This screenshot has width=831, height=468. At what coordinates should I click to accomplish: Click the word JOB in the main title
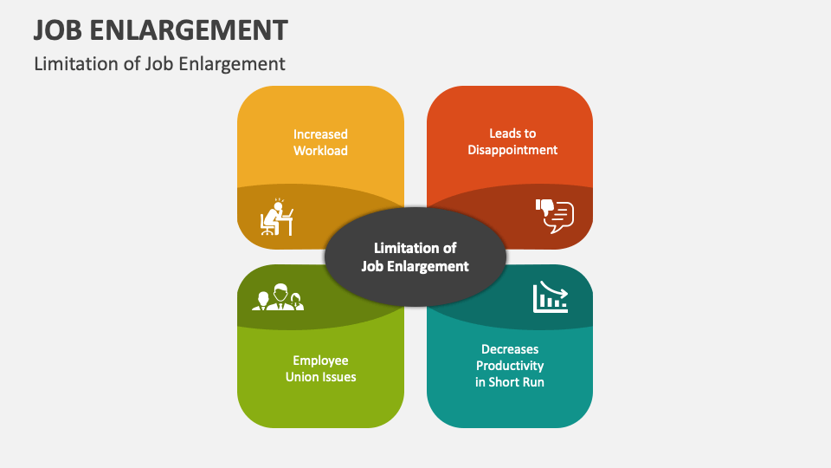click(x=61, y=29)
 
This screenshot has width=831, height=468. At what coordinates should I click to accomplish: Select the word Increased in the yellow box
click(x=320, y=133)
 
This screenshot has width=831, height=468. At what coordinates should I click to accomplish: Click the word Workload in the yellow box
click(x=320, y=150)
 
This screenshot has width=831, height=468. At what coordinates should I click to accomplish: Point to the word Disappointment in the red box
click(x=512, y=149)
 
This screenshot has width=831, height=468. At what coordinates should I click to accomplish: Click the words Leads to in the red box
click(x=512, y=133)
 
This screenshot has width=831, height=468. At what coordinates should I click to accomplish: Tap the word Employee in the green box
click(x=320, y=360)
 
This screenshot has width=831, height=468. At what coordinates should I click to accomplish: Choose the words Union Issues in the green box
click(x=320, y=376)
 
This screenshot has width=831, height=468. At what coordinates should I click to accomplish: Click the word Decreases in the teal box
click(x=510, y=349)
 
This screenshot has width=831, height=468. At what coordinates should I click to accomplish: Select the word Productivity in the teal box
click(x=510, y=365)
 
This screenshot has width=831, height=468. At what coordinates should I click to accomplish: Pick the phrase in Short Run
click(x=510, y=381)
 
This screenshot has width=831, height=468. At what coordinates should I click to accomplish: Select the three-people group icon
click(x=278, y=297)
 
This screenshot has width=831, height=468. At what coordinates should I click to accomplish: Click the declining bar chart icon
click(x=550, y=296)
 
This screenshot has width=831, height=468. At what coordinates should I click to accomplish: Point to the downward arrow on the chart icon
click(x=554, y=290)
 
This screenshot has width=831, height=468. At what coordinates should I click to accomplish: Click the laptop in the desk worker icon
click(x=287, y=213)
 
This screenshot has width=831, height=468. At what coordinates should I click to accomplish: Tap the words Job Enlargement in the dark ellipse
click(x=415, y=266)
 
